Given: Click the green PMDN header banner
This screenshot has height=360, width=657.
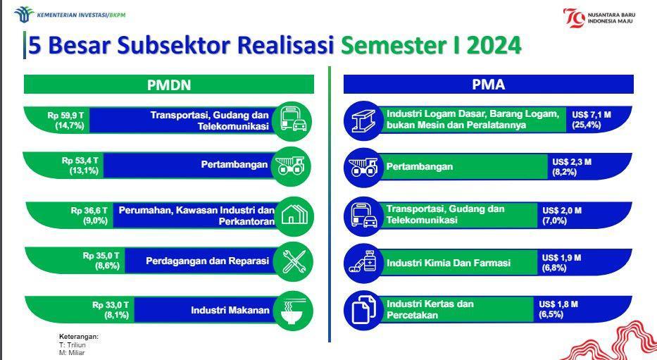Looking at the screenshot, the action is [169, 85].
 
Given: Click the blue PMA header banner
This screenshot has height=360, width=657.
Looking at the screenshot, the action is [489, 85].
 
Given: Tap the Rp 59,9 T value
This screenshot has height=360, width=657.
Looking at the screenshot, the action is [65, 115].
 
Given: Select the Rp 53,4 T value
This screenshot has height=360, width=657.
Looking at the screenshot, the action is [80, 161].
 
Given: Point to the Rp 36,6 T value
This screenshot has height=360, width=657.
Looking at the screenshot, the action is [89, 211].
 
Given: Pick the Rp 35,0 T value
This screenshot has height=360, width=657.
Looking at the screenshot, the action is [101, 255].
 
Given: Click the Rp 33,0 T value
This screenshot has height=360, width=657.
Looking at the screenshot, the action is [111, 304].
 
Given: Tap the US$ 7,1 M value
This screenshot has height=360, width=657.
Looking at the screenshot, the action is [592, 114].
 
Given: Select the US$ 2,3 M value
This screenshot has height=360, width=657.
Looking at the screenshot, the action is [572, 162].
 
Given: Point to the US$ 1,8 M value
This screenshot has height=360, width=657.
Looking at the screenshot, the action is [558, 304].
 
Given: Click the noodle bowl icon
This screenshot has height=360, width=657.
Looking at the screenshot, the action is [292, 311].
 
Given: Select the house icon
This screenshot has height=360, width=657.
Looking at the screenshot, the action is [294, 216].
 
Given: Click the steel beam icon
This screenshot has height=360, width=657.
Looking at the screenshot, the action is [363, 120].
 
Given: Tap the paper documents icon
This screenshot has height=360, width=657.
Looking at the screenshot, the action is [363, 310].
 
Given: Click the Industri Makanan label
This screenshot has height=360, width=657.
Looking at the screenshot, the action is [230, 310].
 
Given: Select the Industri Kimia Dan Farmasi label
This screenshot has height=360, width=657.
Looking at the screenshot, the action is [449, 263].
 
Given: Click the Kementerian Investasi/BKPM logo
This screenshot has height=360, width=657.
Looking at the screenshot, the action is [70, 15].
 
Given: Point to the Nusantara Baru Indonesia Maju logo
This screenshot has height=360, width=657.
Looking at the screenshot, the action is [599, 18].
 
